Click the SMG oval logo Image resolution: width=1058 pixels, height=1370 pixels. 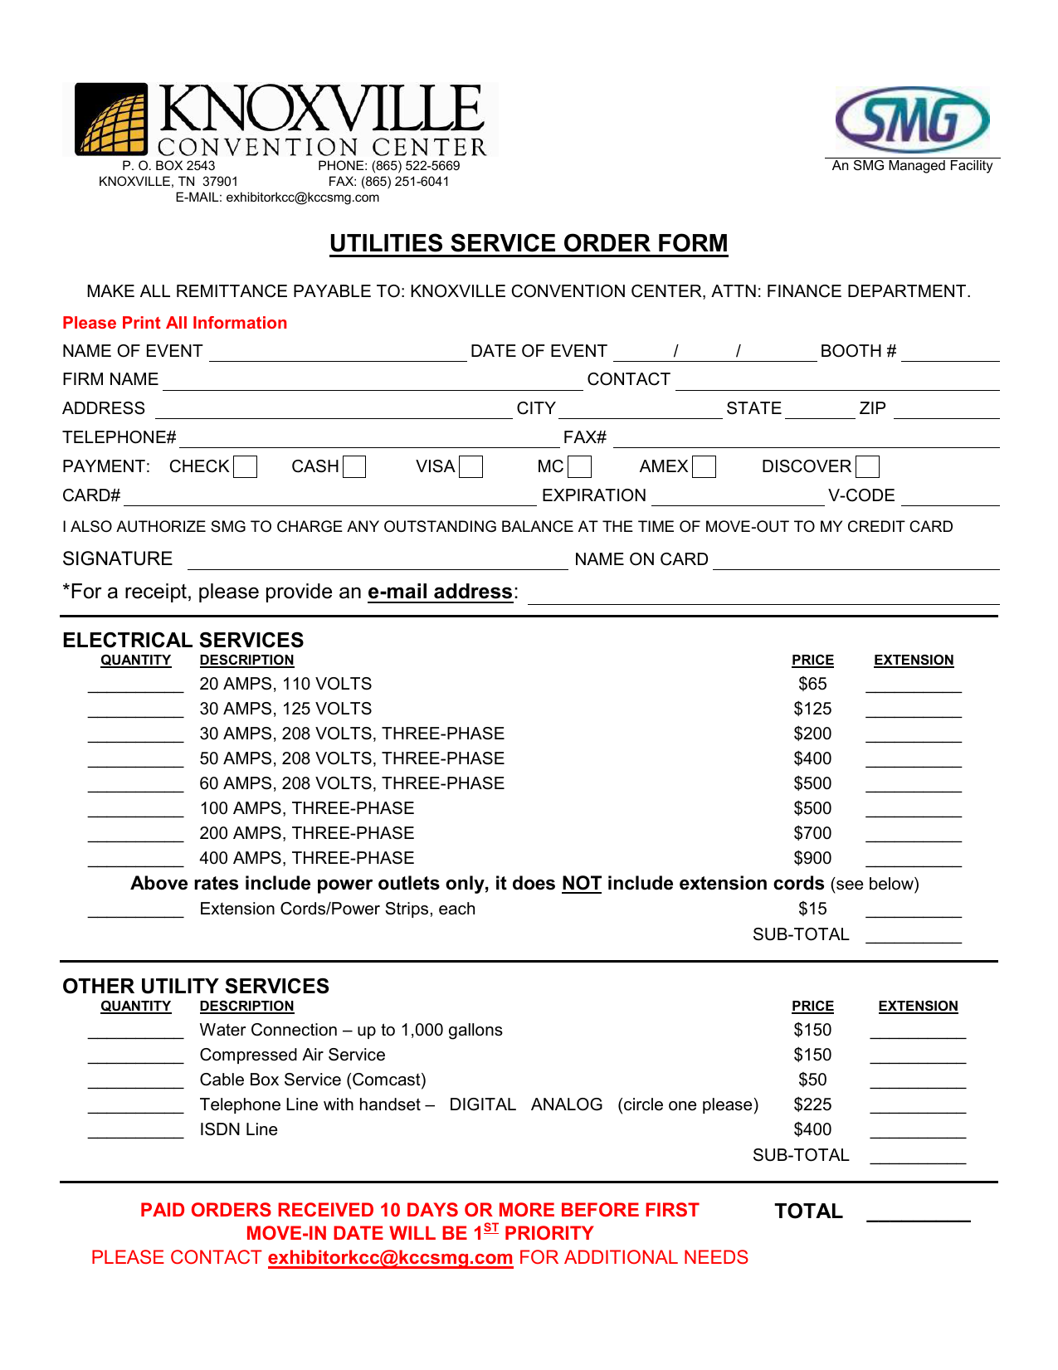click(912, 120)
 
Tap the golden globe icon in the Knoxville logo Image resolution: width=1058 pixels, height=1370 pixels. click(112, 121)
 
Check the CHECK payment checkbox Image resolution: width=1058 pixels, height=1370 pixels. click(245, 467)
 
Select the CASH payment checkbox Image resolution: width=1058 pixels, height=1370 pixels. click(354, 467)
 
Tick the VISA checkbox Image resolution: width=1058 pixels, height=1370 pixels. click(470, 467)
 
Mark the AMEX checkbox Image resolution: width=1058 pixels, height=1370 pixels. click(704, 467)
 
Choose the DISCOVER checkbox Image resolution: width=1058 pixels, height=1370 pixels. click(867, 467)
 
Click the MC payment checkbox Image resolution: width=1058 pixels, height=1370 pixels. click(579, 467)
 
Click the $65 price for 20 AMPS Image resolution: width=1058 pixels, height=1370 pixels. click(812, 684)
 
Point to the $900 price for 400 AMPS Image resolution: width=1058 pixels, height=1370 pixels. click(812, 858)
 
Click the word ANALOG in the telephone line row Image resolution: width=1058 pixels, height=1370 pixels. click(567, 1104)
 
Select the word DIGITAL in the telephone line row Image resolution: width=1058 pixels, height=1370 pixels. click(482, 1104)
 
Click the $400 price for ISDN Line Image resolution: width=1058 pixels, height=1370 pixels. click(812, 1129)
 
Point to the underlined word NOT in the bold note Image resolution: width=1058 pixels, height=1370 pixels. click(581, 884)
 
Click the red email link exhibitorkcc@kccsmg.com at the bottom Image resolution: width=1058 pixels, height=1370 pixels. click(390, 1258)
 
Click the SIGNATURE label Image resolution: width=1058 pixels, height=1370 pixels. click(118, 559)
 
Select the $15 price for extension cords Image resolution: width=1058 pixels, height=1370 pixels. click(812, 909)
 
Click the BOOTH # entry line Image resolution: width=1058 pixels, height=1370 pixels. click(950, 354)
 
